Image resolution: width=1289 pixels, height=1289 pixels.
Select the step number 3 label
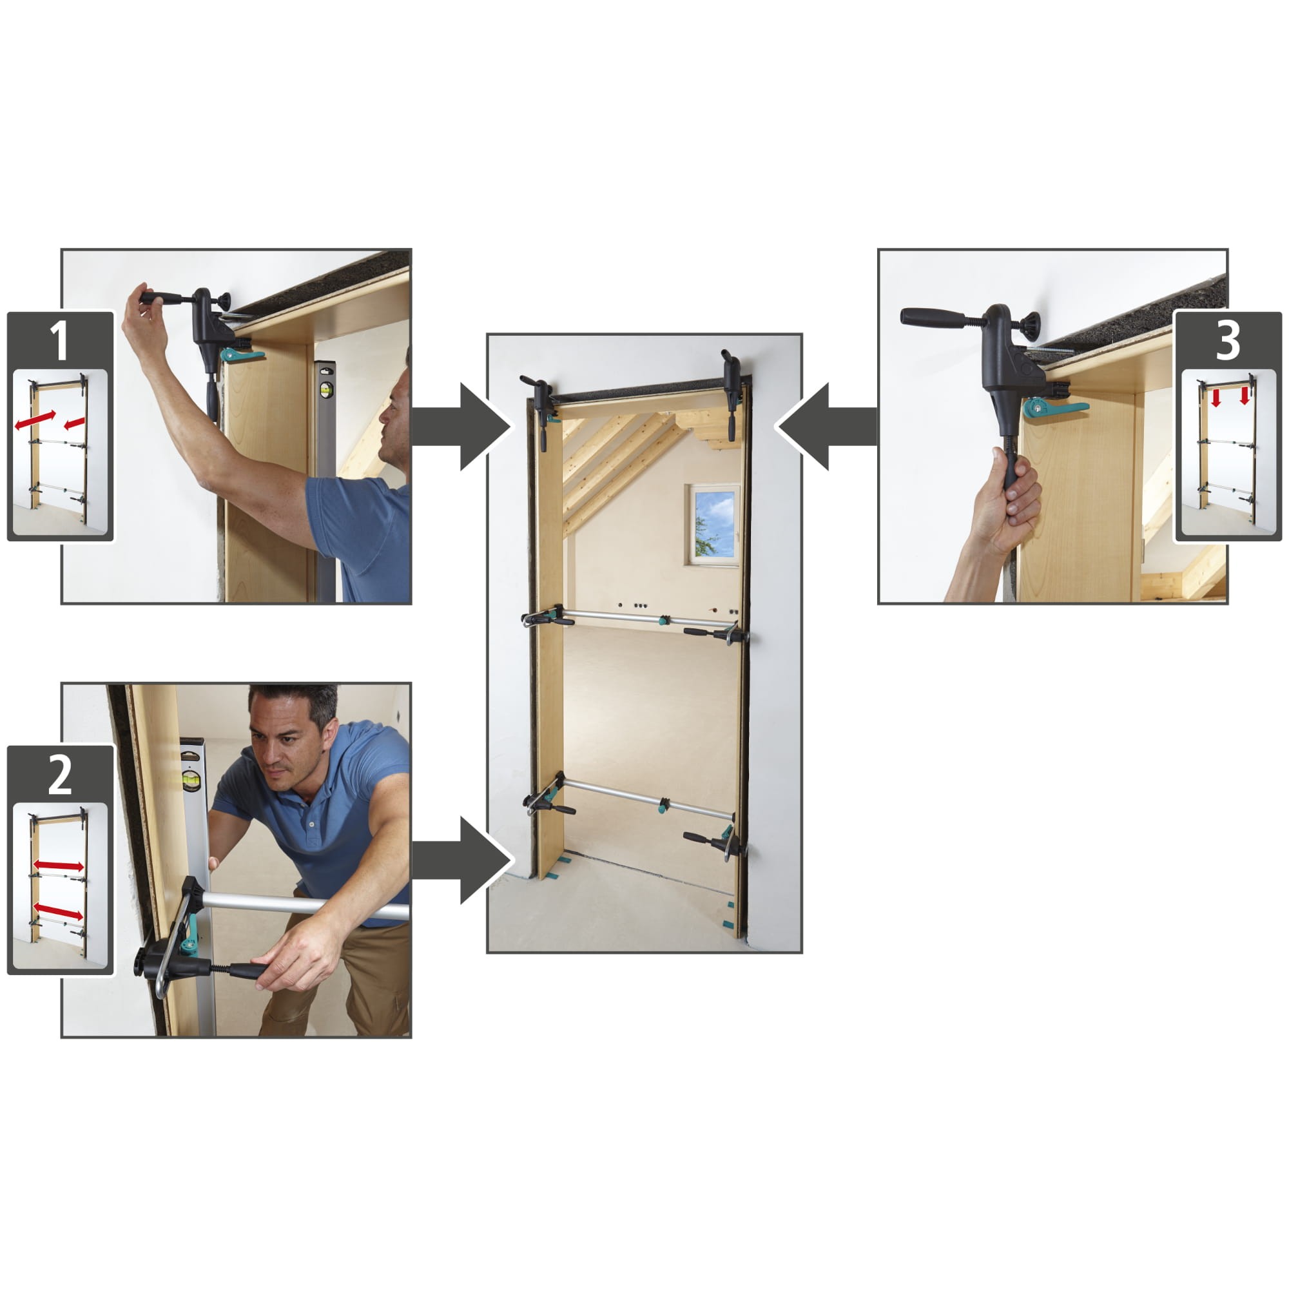(x=1228, y=340)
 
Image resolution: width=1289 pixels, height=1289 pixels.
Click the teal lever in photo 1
(x=242, y=354)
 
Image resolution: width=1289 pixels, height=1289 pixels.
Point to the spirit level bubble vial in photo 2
(x=193, y=780)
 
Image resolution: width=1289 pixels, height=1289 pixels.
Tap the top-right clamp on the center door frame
(x=732, y=394)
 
